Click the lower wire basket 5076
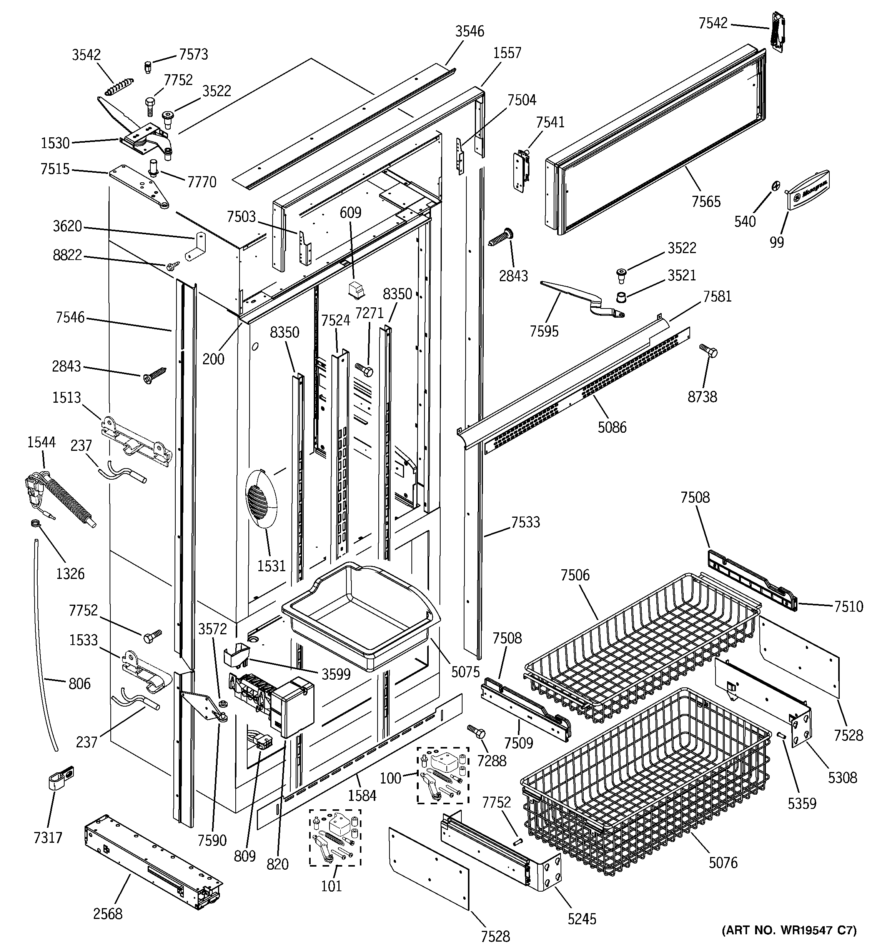click(x=646, y=785)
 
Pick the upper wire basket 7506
click(x=642, y=651)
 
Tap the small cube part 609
click(x=356, y=289)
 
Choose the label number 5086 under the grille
click(x=612, y=427)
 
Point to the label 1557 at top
click(x=507, y=53)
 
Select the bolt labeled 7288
click(x=476, y=732)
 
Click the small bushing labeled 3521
click(x=621, y=297)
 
